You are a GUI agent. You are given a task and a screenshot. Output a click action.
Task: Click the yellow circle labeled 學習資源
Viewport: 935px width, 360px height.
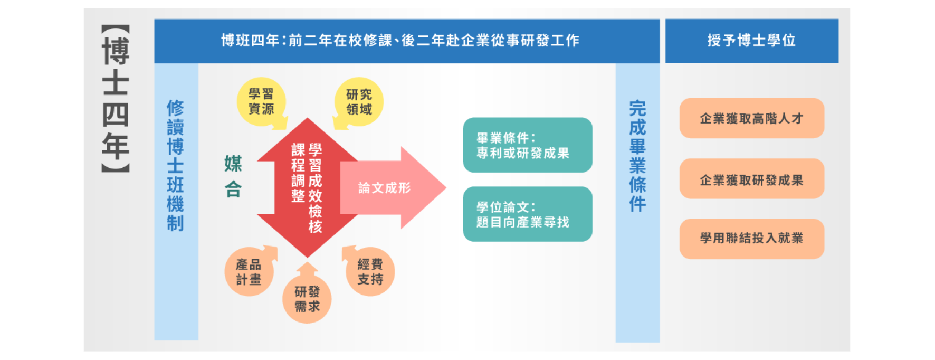[261, 101]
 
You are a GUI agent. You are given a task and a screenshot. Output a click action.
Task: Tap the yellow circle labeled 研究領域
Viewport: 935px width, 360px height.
[359, 102]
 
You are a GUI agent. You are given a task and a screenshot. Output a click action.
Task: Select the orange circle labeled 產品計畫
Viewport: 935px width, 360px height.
[249, 272]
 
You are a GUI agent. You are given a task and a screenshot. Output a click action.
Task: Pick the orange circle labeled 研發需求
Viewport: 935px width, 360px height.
[307, 299]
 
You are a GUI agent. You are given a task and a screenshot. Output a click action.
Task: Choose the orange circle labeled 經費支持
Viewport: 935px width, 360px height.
[370, 271]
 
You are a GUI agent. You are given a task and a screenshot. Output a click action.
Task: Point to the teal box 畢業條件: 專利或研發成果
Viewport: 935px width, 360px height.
[527, 145]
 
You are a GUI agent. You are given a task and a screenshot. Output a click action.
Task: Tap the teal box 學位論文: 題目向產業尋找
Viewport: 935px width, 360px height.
[527, 214]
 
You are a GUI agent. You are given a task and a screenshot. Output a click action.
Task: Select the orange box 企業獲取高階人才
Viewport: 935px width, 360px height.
[751, 118]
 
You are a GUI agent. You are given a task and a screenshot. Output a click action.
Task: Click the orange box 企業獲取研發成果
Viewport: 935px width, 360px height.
[751, 179]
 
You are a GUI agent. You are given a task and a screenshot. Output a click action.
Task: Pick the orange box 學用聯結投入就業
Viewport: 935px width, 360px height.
[751, 239]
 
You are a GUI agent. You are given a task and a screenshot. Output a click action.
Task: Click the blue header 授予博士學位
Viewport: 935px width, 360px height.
[751, 41]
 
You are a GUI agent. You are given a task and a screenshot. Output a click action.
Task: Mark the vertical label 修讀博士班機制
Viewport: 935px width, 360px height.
[176, 166]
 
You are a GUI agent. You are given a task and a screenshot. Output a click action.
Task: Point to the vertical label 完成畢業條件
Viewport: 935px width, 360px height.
[637, 156]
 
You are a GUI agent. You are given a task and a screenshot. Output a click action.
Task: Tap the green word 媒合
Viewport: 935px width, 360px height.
[233, 176]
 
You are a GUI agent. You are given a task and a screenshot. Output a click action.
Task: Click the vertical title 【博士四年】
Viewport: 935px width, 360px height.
[116, 99]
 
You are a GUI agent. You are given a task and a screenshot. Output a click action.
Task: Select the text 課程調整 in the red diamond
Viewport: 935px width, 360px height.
[298, 173]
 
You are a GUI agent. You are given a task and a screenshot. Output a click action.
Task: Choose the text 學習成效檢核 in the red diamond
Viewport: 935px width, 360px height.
[315, 188]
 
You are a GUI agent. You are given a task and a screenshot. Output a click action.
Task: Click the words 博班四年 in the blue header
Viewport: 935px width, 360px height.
[250, 41]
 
